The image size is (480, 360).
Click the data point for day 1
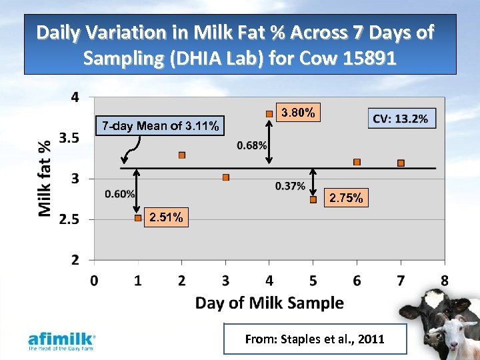[x=138, y=218]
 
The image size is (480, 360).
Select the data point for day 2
[x=182, y=155]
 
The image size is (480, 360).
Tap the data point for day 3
[x=226, y=177]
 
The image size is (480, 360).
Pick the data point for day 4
[x=269, y=114]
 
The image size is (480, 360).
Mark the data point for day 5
[x=313, y=199]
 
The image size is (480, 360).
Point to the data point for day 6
[x=357, y=162]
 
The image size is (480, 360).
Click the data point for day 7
[x=401, y=163]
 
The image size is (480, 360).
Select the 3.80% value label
[x=299, y=113]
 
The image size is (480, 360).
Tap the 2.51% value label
[x=167, y=217]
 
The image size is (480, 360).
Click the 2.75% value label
[x=347, y=198]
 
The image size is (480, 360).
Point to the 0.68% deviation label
[x=251, y=145]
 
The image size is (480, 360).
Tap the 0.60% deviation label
[x=120, y=193]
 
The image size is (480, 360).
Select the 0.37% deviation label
[x=289, y=186]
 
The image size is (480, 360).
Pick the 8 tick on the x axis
[x=445, y=280]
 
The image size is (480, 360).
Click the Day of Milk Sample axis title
[x=269, y=303]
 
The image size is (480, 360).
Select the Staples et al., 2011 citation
[x=315, y=339]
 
